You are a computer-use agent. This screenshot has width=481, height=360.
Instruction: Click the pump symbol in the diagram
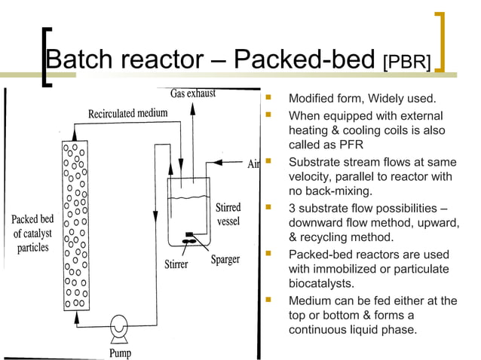click(x=118, y=325)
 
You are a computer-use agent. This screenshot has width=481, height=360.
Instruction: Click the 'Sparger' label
click(x=225, y=259)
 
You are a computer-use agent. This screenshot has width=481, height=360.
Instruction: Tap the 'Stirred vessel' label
click(x=228, y=215)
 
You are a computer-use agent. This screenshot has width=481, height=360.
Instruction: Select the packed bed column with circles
click(x=75, y=223)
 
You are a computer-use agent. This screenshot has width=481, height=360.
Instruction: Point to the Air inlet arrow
click(x=231, y=161)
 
